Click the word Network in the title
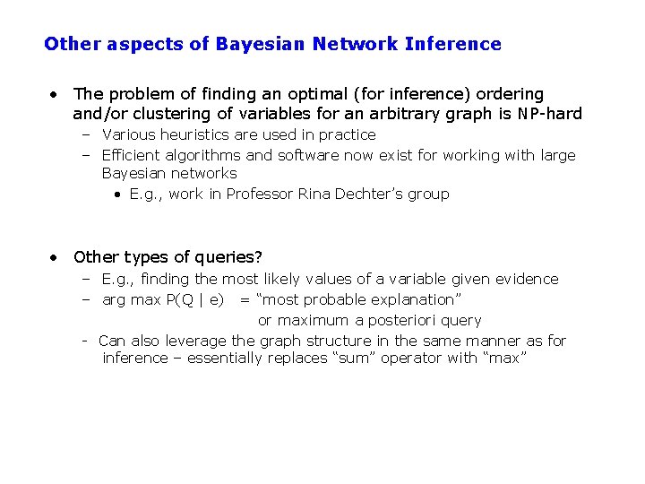point(354,44)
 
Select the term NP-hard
point(550,114)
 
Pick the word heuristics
point(192,134)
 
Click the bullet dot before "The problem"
point(56,93)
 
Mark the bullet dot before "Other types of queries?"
point(56,257)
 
